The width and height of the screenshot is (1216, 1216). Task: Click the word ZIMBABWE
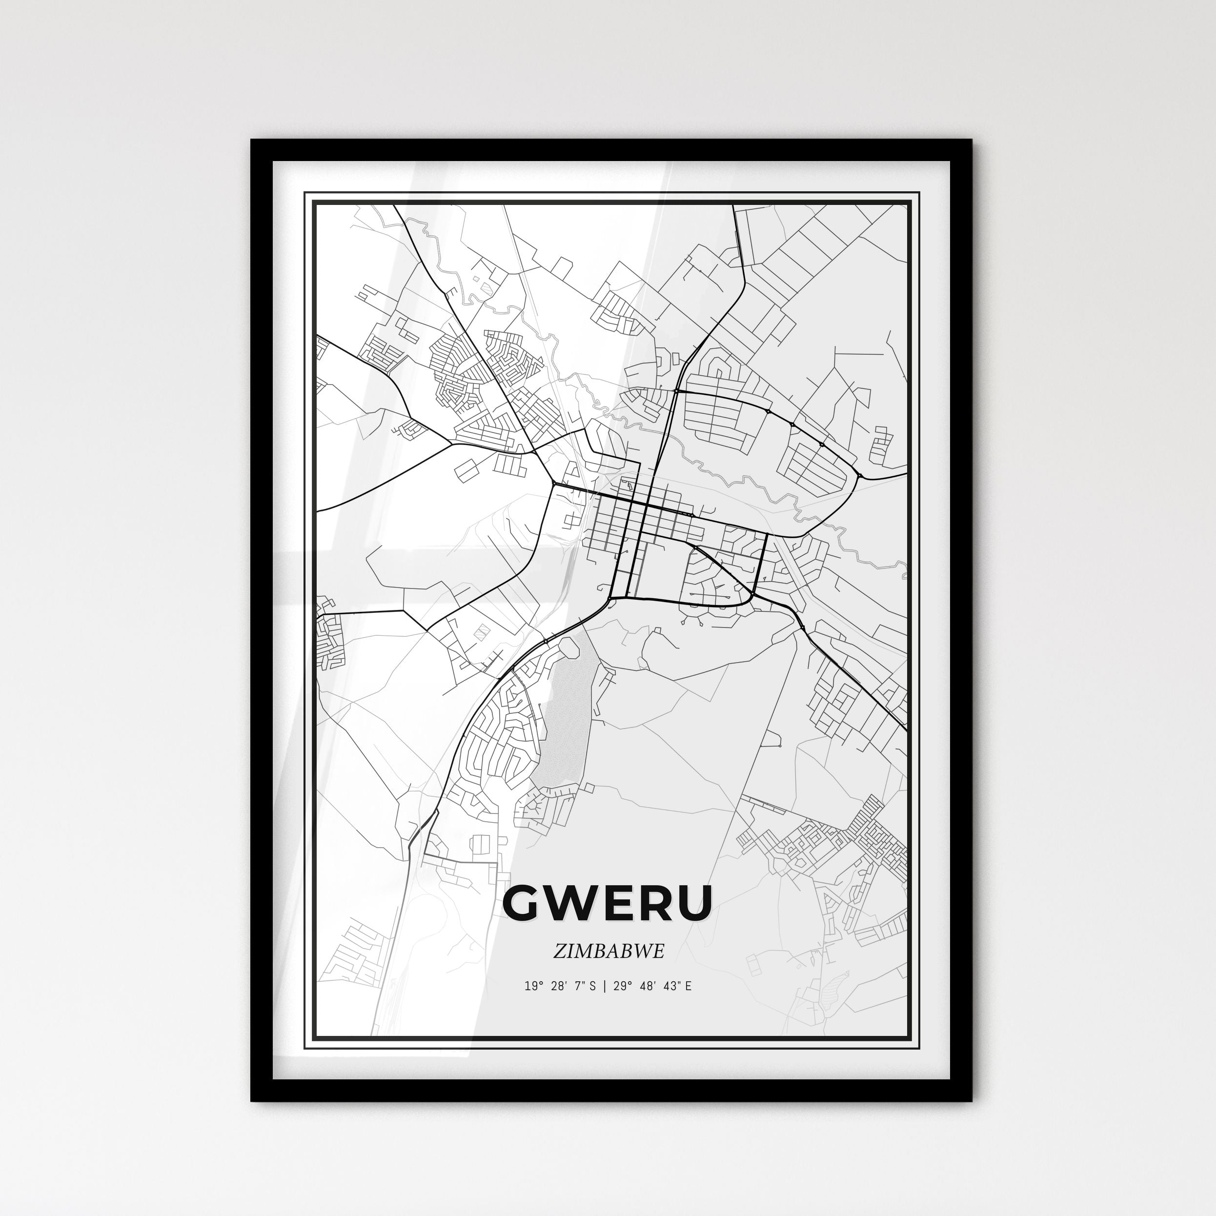608,951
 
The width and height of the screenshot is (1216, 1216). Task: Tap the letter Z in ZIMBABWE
559,951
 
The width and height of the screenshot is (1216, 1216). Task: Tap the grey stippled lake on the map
566,724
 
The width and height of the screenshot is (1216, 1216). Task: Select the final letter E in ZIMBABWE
658,951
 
